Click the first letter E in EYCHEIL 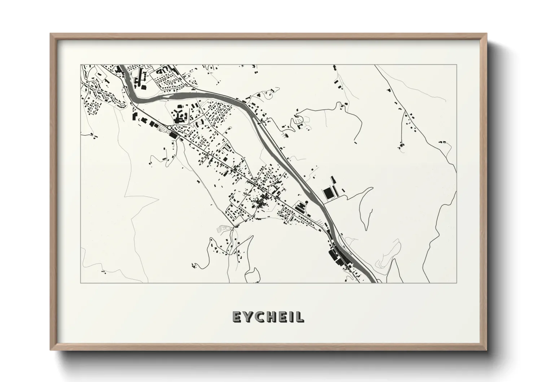(x=236, y=317)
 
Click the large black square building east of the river (x=329, y=194)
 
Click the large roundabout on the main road (x=169, y=127)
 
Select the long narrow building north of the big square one (x=333, y=180)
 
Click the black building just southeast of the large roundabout (x=173, y=135)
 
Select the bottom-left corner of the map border (x=80, y=283)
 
